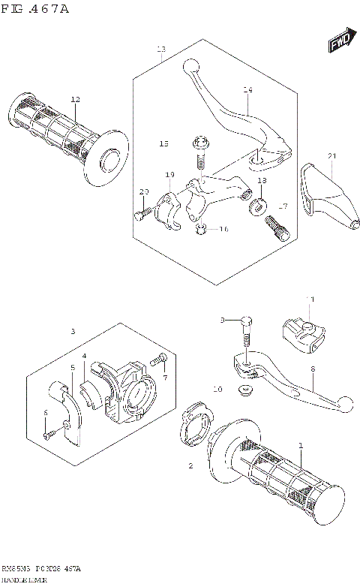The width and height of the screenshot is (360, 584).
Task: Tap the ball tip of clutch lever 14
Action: [190, 66]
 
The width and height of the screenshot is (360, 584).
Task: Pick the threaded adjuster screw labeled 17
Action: [277, 225]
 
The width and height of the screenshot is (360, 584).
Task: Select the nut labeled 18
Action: [259, 204]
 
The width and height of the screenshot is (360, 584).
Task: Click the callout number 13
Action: [160, 49]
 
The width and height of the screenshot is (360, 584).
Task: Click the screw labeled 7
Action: [159, 362]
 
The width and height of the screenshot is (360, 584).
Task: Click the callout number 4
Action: [85, 355]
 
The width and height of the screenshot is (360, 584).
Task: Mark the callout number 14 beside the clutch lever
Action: [247, 90]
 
